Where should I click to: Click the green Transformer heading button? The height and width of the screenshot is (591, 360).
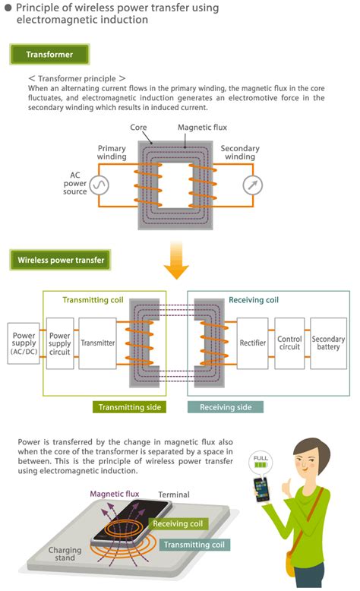click(x=49, y=55)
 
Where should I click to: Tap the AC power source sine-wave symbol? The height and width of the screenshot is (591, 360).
click(x=99, y=185)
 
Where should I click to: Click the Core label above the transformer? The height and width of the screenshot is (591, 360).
click(x=138, y=128)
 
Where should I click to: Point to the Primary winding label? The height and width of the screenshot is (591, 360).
click(x=112, y=152)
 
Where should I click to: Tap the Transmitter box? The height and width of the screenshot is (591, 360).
click(x=97, y=343)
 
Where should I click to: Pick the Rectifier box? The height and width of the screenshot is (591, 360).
click(x=252, y=343)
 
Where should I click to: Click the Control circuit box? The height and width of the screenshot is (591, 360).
click(x=289, y=343)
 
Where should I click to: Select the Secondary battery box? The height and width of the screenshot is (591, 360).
click(x=328, y=343)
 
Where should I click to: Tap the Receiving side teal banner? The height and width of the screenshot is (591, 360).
click(x=226, y=407)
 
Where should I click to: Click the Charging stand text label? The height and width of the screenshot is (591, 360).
click(x=64, y=554)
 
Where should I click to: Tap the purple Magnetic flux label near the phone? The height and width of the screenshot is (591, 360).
click(x=115, y=493)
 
